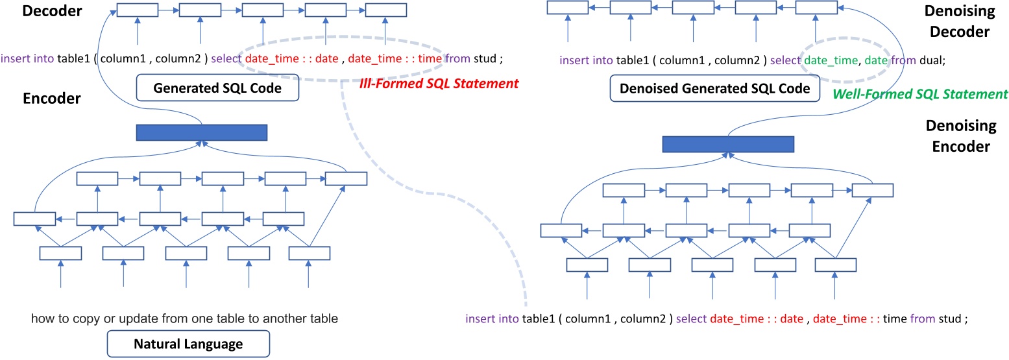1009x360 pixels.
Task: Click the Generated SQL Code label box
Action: (217, 88)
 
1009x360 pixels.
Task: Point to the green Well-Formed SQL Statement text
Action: (919, 94)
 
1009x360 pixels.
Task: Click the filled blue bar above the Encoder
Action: (202, 132)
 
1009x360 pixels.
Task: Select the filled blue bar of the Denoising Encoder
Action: (728, 144)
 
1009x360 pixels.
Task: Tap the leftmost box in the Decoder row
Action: (137, 10)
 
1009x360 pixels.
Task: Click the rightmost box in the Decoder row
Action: (386, 10)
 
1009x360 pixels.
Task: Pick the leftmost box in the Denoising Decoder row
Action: (568, 7)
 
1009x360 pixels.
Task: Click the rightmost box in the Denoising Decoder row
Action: (816, 7)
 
